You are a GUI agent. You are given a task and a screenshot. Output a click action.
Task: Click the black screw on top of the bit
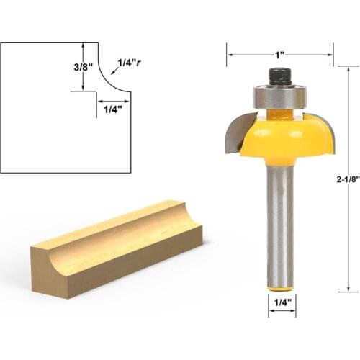click(x=279, y=75)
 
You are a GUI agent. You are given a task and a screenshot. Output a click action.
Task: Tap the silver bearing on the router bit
click(x=279, y=96)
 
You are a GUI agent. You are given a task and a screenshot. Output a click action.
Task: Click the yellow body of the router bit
click(x=281, y=140)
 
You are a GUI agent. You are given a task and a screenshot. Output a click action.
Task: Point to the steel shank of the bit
click(x=280, y=223)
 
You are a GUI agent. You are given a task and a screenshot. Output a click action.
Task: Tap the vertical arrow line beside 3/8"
click(x=86, y=66)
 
